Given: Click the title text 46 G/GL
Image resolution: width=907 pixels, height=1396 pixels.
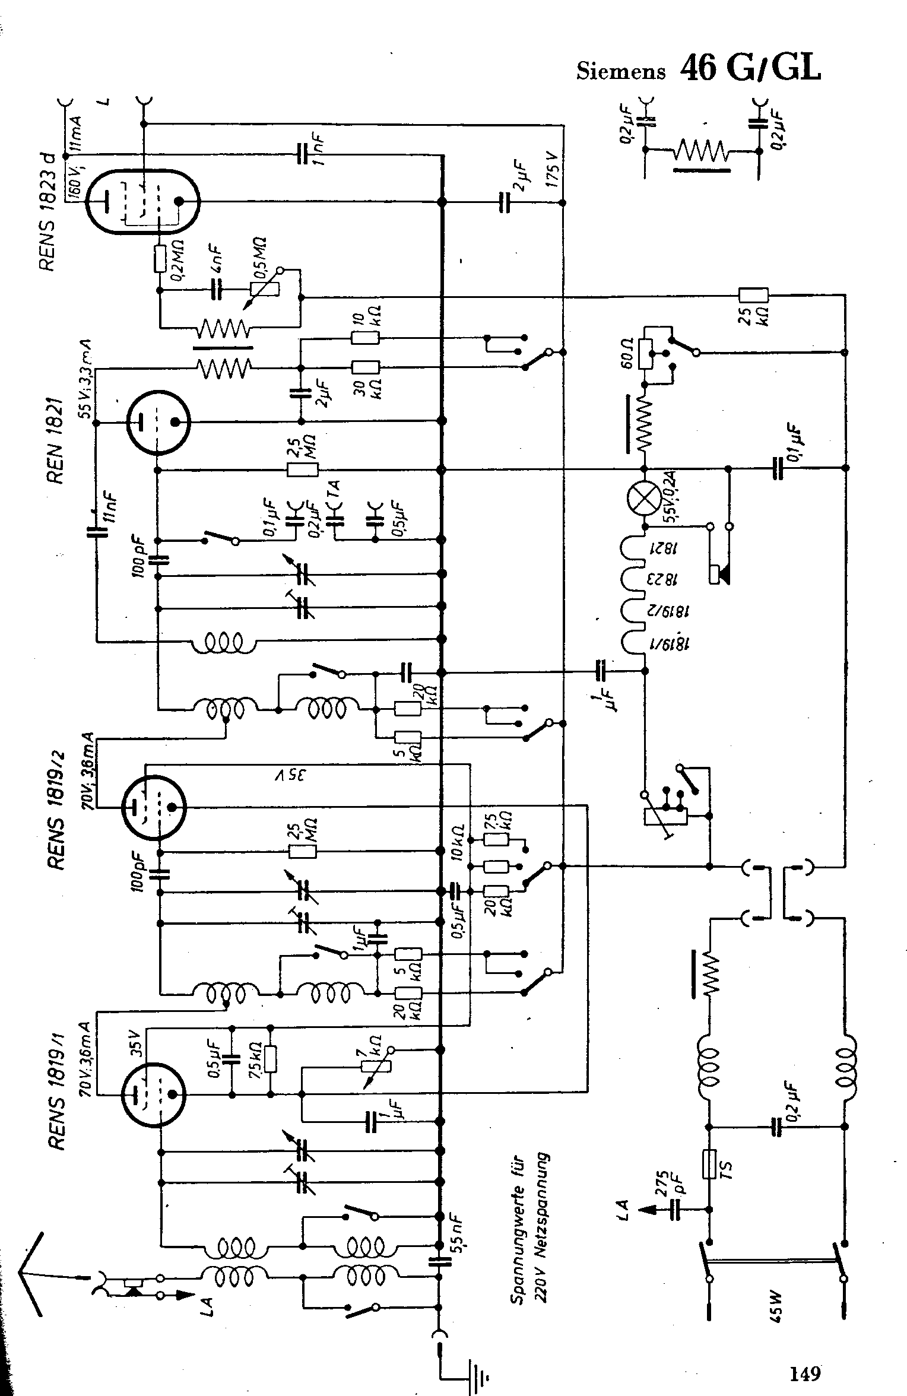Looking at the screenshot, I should point(750,68).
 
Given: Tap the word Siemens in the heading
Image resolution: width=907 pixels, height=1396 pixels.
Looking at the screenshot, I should point(620,71).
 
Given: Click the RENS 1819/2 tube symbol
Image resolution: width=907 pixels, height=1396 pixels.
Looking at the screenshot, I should point(153,807).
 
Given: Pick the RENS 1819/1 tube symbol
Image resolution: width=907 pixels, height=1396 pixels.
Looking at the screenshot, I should point(153,1094).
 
